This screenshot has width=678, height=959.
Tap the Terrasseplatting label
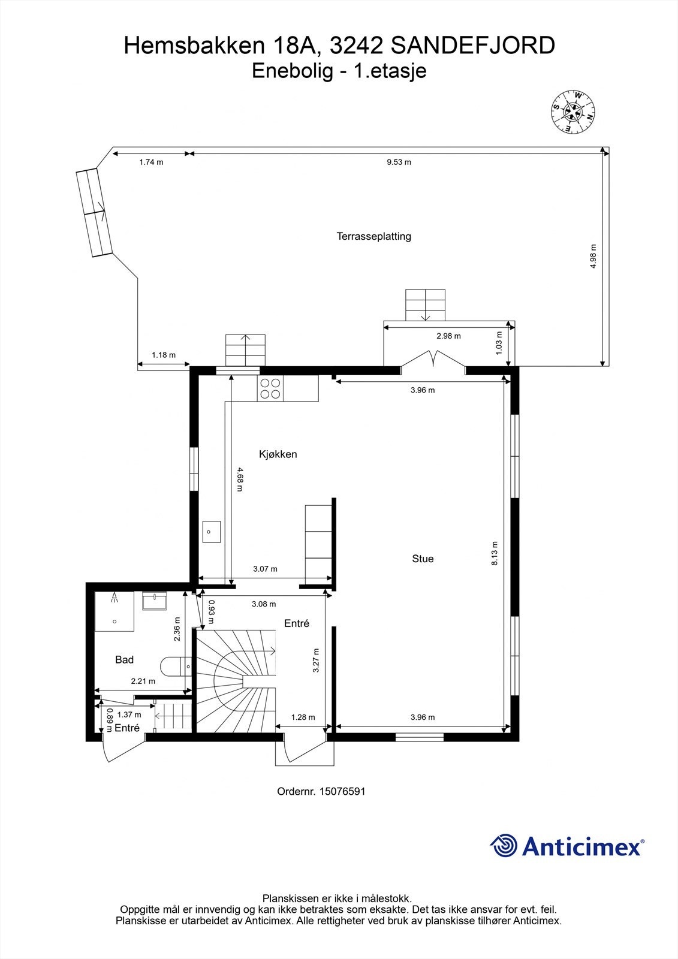[x=373, y=236]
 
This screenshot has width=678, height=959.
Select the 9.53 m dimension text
[x=399, y=162]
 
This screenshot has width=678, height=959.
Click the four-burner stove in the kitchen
[x=270, y=388]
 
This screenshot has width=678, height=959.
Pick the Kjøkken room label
[x=278, y=454]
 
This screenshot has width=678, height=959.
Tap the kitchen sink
[x=211, y=532]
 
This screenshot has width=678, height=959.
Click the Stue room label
[x=423, y=559]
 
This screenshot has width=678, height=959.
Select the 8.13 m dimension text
[x=495, y=553]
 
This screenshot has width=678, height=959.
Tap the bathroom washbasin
[x=155, y=601]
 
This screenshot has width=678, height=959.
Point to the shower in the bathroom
[x=114, y=611]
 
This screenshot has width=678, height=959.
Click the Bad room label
[x=124, y=660]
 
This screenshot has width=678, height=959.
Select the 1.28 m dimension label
[x=303, y=717]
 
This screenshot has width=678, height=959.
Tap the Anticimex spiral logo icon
[x=504, y=846]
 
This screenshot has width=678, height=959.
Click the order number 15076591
[x=342, y=791]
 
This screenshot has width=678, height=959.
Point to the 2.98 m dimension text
[x=448, y=336]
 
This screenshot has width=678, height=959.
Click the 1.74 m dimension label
[x=151, y=162]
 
